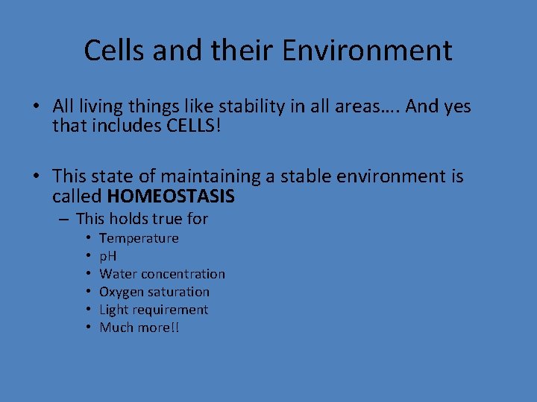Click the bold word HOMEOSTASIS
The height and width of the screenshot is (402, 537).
tap(171, 197)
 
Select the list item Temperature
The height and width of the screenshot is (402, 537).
tap(139, 238)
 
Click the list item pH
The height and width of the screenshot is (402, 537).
tap(108, 256)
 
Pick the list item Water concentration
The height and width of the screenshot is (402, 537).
tap(162, 274)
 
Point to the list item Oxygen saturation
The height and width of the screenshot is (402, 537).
tap(154, 292)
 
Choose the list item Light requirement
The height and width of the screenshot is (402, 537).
tap(154, 310)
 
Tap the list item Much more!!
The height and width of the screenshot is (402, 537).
tap(139, 328)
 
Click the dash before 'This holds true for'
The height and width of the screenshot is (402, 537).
tap(64, 219)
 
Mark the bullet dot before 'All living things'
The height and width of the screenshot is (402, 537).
tap(36, 107)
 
